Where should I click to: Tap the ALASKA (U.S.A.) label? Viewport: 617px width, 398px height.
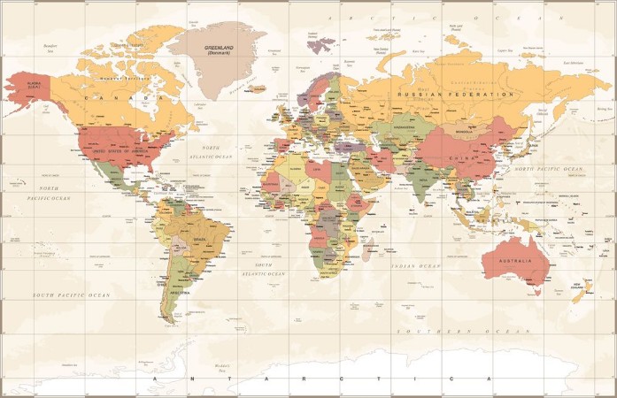(35, 85)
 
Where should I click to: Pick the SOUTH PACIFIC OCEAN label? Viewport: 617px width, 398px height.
(72, 295)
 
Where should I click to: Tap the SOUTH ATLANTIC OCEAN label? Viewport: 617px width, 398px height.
(269, 269)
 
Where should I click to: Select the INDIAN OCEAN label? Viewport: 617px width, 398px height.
(416, 265)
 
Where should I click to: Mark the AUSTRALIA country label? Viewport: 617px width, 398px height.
(514, 261)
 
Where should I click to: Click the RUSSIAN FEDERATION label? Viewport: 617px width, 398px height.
(455, 94)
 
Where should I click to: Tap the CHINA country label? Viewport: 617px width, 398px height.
(460, 157)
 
